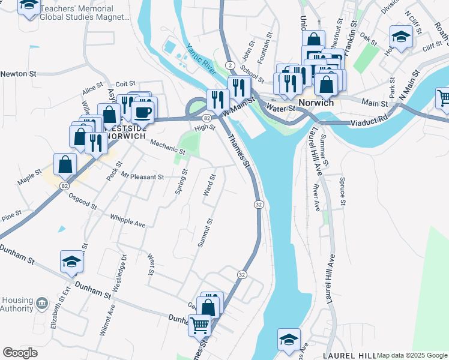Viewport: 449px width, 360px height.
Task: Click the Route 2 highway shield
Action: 229,65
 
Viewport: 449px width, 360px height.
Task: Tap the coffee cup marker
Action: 142,111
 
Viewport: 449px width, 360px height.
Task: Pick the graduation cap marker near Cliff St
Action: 401,37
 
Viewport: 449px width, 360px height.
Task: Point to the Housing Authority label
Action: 17,304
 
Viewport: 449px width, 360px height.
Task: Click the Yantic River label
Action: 200,60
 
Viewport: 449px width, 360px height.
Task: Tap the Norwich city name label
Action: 316,103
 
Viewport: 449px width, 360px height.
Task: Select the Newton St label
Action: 19,73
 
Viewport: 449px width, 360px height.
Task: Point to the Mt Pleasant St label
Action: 142,177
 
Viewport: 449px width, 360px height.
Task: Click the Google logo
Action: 20,353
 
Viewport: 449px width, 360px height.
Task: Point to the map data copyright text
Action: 412,355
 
